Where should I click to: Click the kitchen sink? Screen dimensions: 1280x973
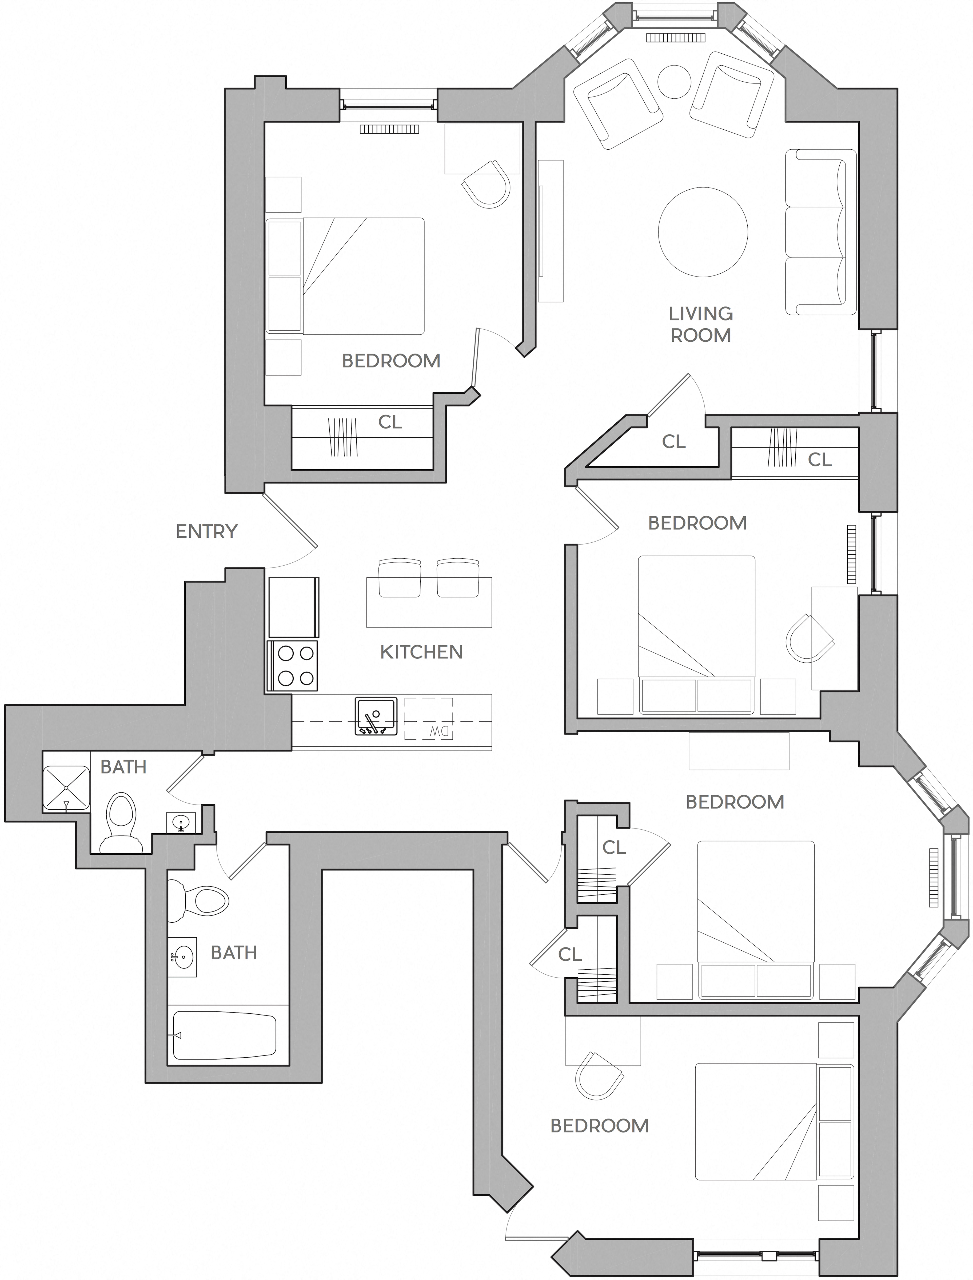pyautogui.click(x=376, y=716)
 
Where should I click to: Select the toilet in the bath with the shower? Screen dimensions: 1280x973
pyautogui.click(x=122, y=822)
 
